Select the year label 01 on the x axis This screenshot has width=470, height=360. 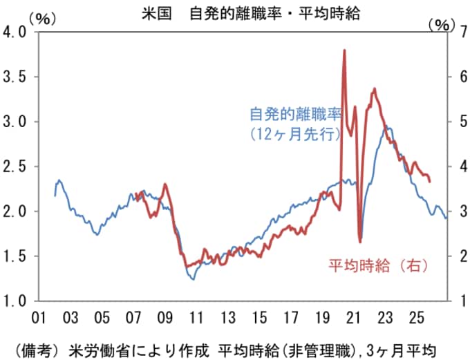[39, 318]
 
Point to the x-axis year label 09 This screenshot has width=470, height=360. [164, 318]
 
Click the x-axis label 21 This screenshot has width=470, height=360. [354, 318]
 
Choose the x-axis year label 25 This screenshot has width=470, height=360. [417, 318]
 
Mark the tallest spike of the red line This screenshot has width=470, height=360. [344, 50]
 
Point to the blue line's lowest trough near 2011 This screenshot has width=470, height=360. [193, 278]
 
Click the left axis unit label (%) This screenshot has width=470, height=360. [46, 19]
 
